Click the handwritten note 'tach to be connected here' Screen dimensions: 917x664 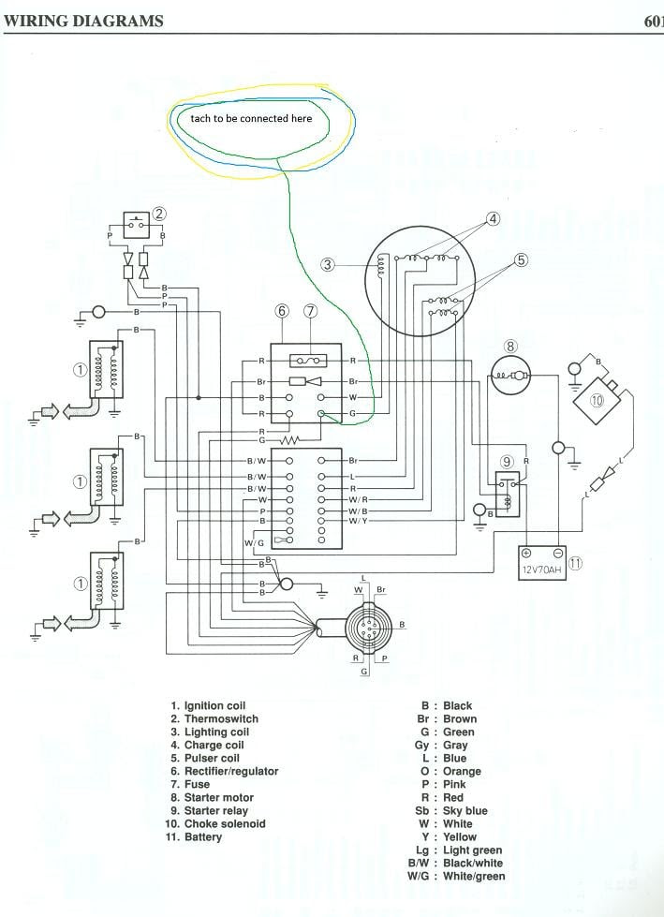coord(251,119)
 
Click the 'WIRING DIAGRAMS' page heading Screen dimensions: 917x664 coord(83,21)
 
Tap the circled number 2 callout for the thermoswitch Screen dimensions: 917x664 coord(160,214)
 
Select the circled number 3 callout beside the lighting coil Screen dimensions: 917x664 coord(327,265)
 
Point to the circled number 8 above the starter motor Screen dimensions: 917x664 coord(510,347)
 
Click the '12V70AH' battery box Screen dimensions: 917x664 coord(543,564)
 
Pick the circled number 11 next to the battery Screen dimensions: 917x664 coord(576,564)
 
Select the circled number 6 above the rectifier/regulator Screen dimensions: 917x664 coord(281,310)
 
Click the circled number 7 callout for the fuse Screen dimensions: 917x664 coord(311,310)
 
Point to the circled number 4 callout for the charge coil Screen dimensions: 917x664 coord(494,219)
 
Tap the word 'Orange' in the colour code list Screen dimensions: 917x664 coord(463,771)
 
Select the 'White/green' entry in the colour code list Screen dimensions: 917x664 coord(475,876)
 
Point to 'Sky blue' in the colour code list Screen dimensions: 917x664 coord(466,810)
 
